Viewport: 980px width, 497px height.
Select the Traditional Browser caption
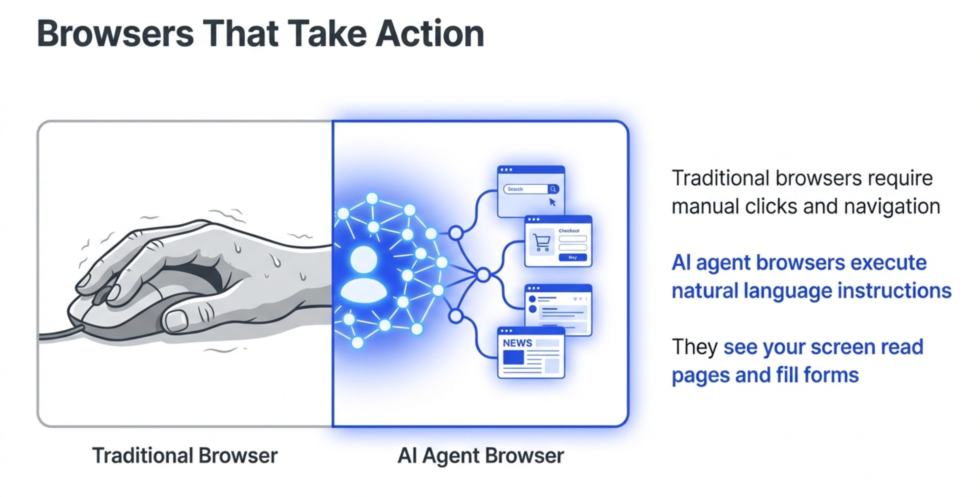[x=185, y=455]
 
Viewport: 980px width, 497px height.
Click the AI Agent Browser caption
[x=480, y=455]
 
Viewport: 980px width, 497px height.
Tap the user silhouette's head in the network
[x=364, y=260]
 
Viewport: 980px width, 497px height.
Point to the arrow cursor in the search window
[x=552, y=202]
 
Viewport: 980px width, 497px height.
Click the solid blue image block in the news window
[x=513, y=357]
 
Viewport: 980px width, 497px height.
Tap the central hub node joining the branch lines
[x=483, y=274]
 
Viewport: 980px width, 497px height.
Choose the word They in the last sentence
[x=694, y=347]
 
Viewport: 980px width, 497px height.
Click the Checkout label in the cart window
[x=569, y=230]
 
